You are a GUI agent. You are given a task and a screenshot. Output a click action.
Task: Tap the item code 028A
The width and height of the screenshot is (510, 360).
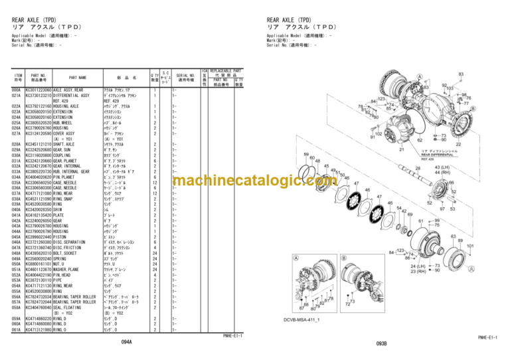click(17, 143)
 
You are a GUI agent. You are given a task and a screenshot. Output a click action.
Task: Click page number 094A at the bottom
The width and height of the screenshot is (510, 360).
click(126, 341)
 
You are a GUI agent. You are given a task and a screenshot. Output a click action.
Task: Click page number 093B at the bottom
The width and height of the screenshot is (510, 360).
click(381, 343)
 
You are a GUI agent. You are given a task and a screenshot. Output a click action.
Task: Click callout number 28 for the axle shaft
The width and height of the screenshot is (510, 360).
click(418, 169)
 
